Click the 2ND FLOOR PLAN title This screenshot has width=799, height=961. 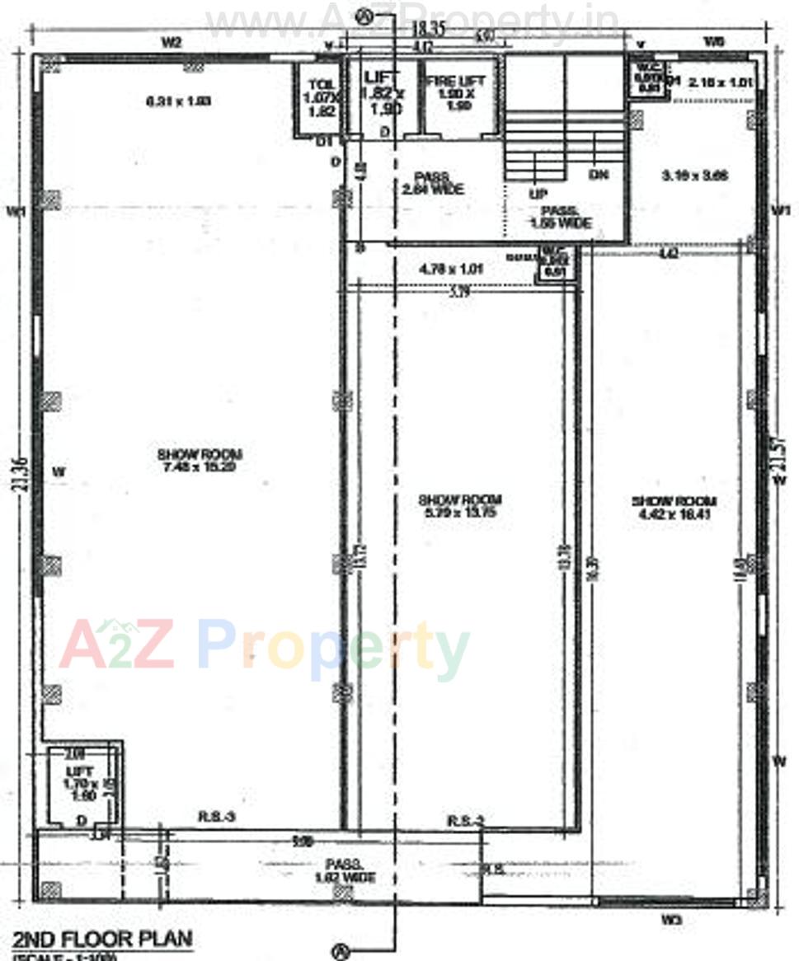click(x=103, y=938)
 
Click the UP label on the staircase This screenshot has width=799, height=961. click(x=538, y=195)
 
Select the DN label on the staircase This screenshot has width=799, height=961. click(x=599, y=175)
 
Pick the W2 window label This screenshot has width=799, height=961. click(x=172, y=43)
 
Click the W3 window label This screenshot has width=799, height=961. click(x=671, y=918)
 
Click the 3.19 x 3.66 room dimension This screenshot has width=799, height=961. click(x=696, y=175)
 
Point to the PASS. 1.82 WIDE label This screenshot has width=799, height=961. click(x=350, y=871)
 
